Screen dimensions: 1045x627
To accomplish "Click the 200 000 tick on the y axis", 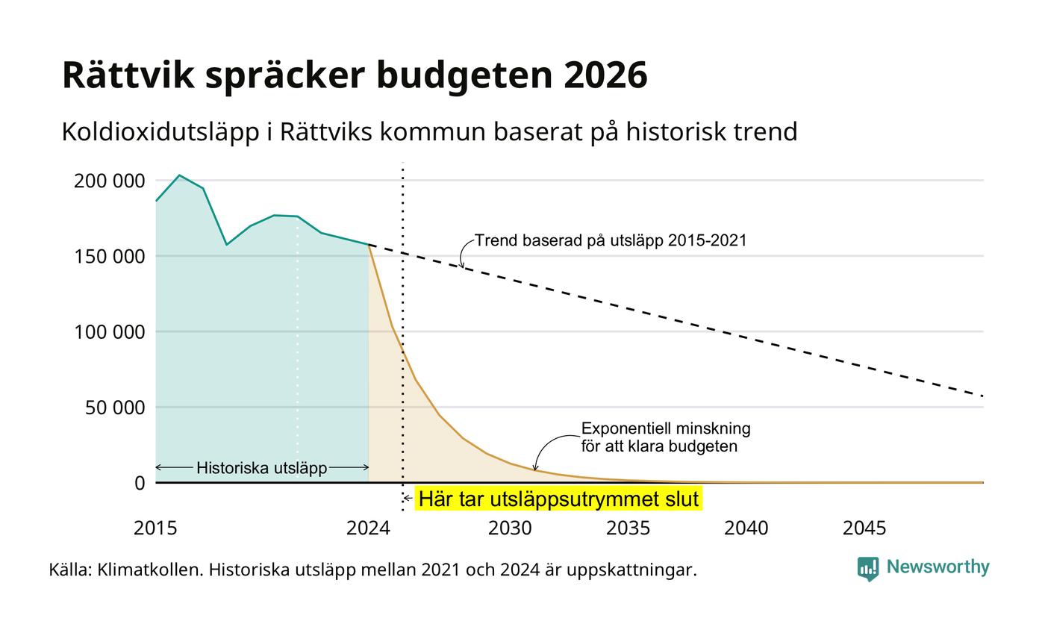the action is point(109,181).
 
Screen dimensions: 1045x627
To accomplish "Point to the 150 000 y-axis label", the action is point(109,257).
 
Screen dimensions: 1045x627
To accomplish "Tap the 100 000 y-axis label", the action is point(109,332).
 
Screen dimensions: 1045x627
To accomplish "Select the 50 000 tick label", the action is point(115,408).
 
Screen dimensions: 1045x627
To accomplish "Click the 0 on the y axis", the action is point(140,484).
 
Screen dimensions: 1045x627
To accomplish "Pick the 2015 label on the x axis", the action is point(155,528).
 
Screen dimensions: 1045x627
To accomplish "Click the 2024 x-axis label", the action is point(368,528).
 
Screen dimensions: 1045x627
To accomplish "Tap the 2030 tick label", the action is point(510,528).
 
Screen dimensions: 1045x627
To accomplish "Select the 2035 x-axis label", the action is point(628,528).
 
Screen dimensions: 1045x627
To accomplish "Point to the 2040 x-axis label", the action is point(746,528).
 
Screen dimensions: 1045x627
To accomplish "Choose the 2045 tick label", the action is point(864,528).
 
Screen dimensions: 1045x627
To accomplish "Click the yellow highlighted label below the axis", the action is point(558,499).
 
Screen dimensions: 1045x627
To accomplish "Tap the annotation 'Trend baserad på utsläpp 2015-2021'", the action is point(611,240).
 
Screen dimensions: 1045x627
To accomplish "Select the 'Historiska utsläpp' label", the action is point(262,468).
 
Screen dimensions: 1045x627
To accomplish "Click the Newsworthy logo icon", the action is point(867,569).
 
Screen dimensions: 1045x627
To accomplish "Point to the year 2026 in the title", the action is point(605,75).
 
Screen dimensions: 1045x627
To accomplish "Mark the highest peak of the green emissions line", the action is point(180,175).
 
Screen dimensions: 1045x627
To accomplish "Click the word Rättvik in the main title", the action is point(128,75).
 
